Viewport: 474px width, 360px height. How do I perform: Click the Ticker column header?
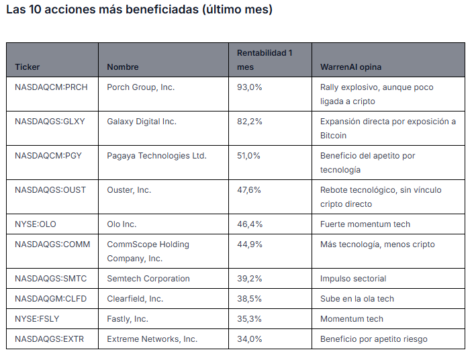pos(28,67)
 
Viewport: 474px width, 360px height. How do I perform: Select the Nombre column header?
pos(123,67)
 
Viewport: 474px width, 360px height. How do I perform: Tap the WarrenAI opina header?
pos(350,67)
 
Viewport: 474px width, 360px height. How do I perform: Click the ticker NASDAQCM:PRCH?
pos(51,87)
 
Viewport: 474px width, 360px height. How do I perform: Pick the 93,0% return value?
pos(249,87)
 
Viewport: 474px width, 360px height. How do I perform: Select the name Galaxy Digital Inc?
pos(142,122)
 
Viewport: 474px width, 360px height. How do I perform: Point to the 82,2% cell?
pos(249,122)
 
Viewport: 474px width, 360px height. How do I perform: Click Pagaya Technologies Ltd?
pos(156,156)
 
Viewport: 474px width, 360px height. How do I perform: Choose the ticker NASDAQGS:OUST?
pos(50,190)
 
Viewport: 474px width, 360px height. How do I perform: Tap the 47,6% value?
pos(249,190)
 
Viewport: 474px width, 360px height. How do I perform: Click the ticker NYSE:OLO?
pos(36,224)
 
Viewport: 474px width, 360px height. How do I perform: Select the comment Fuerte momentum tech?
pos(365,224)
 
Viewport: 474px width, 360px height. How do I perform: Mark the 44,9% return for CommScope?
pos(249,244)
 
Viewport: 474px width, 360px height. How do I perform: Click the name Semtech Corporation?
pos(148,279)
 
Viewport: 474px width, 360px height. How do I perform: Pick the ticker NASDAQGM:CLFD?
pos(51,299)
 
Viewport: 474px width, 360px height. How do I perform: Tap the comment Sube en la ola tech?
pos(357,299)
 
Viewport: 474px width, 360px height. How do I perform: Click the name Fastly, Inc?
pos(128,319)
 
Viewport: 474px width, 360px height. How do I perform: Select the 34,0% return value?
pos(249,339)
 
